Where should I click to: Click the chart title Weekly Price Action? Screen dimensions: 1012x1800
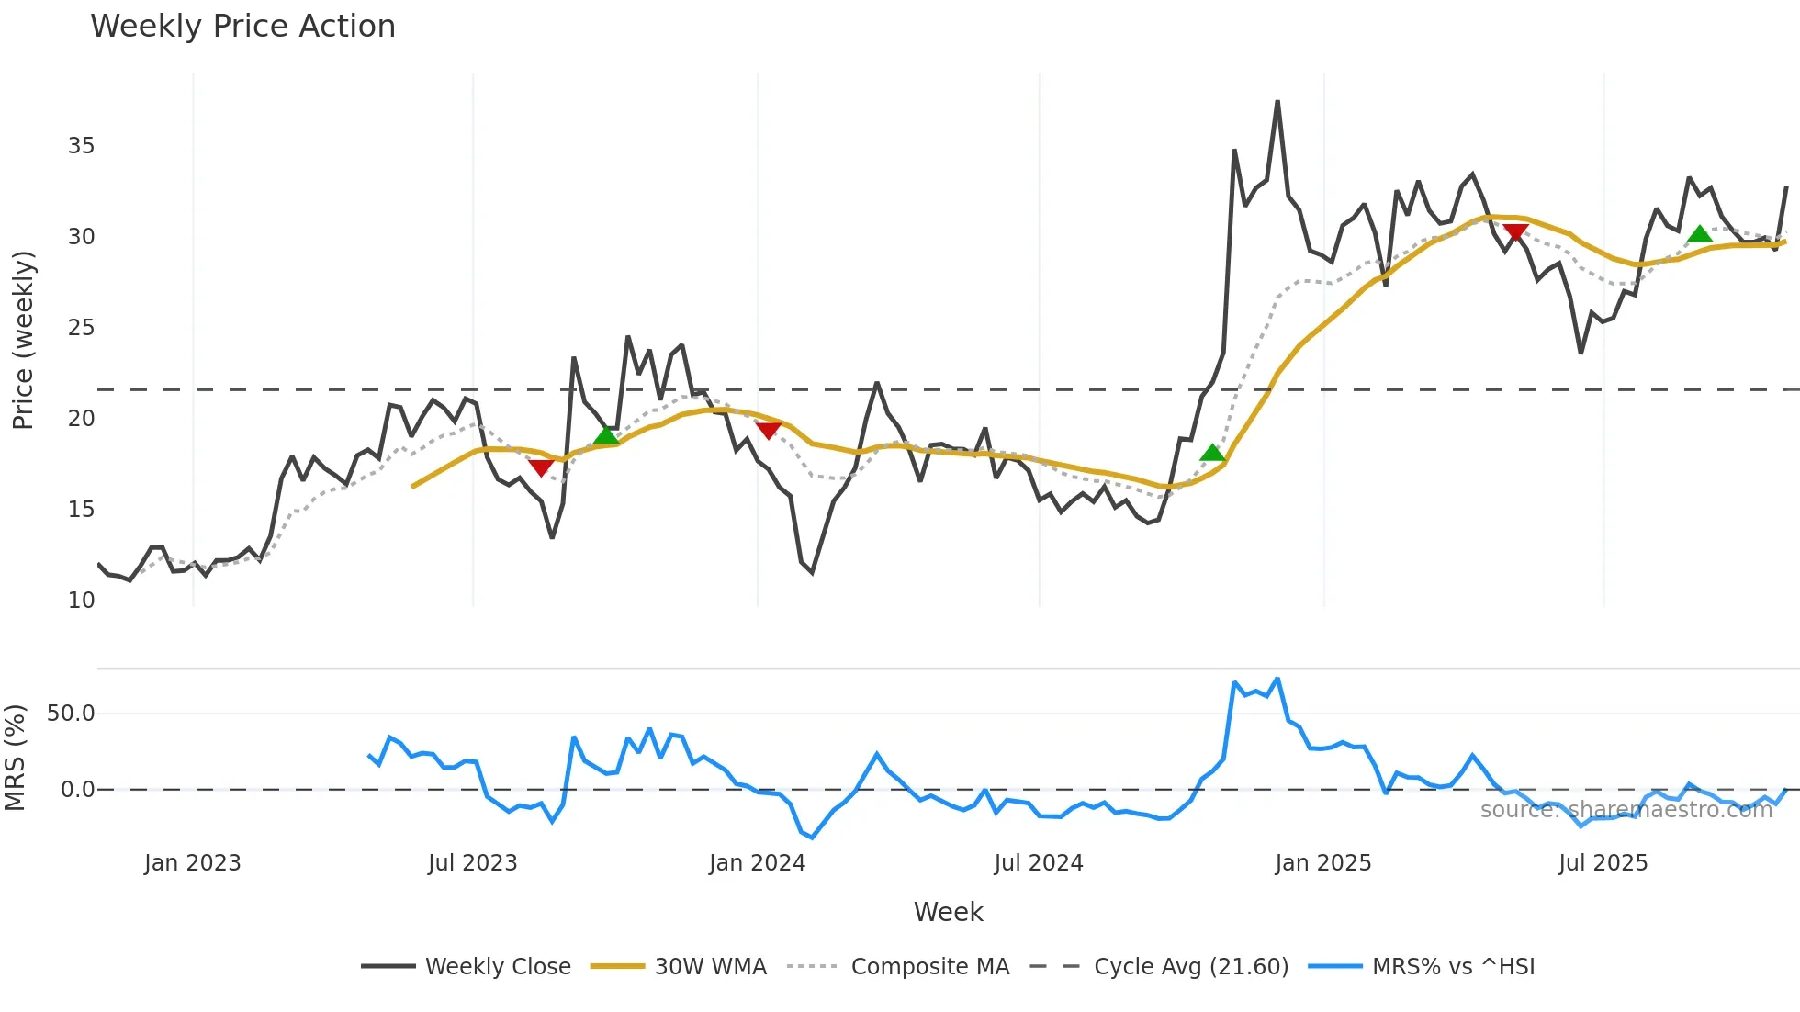coord(242,27)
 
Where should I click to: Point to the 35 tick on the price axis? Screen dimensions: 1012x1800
coord(81,146)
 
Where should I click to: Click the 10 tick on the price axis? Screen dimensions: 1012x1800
coord(81,601)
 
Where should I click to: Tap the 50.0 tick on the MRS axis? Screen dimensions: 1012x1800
coord(71,714)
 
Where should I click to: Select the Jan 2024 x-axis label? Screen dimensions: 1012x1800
coord(757,863)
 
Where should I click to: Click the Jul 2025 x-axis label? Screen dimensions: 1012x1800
coord(1603,863)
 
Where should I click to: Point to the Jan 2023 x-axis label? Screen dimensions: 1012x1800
coord(192,863)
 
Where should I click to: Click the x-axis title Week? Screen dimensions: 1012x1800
coord(948,912)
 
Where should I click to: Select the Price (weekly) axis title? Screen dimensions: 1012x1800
coord(23,340)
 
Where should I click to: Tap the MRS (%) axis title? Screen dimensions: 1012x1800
coord(15,758)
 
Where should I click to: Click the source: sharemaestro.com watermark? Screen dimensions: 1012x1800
coord(1626,810)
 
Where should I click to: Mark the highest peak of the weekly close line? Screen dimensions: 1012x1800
coord(1277,102)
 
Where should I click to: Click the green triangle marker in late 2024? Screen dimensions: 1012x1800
coord(1212,453)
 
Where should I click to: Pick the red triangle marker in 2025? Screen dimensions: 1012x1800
coord(1515,232)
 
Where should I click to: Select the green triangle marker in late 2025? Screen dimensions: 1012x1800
coord(1700,234)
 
